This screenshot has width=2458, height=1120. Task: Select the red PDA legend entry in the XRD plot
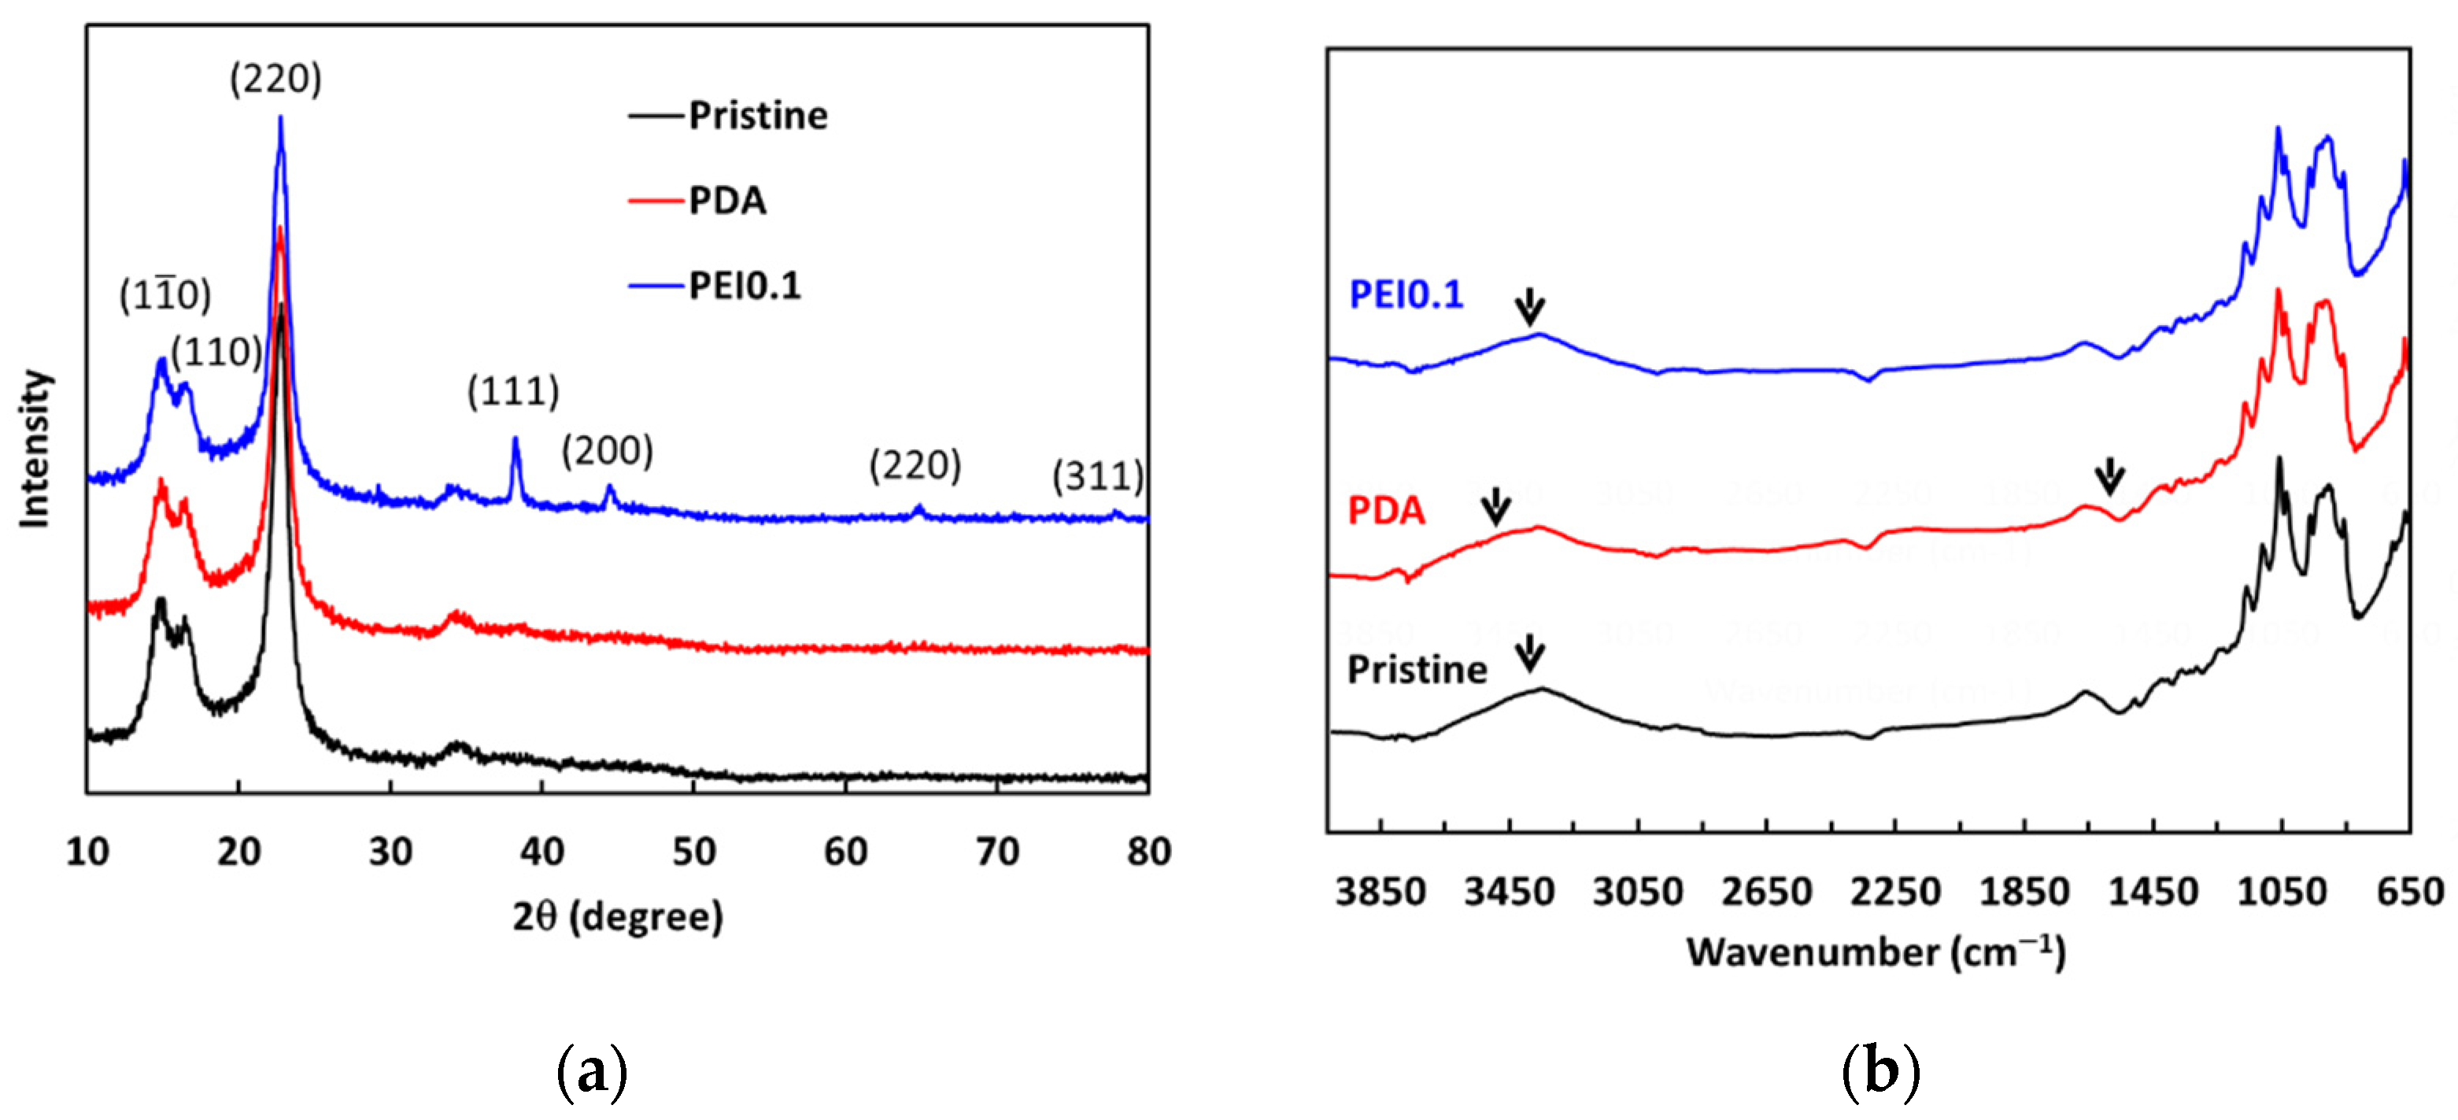(x=726, y=201)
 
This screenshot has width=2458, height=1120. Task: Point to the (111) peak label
(x=512, y=391)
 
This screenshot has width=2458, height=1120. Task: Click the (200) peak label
(x=607, y=450)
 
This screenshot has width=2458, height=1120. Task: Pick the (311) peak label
(x=1097, y=475)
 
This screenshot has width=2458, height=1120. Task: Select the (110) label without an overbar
(x=216, y=352)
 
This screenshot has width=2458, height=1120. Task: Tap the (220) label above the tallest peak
(x=275, y=78)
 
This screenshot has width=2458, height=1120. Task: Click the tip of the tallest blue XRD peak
(x=280, y=118)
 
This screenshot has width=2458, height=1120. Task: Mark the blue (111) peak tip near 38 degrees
(x=516, y=440)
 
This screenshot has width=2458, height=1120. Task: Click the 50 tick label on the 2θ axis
(x=693, y=851)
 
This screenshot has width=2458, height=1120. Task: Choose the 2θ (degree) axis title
(x=617, y=916)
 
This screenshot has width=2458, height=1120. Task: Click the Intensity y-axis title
(x=35, y=449)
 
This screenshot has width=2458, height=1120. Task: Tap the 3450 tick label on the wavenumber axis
(x=1509, y=892)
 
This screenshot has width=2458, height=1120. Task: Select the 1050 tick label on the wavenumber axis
(x=2282, y=892)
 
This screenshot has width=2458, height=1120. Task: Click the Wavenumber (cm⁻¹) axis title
(x=1876, y=952)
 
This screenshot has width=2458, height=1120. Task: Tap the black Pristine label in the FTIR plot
(x=1416, y=670)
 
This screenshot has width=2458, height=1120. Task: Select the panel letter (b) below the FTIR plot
(x=1879, y=1070)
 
